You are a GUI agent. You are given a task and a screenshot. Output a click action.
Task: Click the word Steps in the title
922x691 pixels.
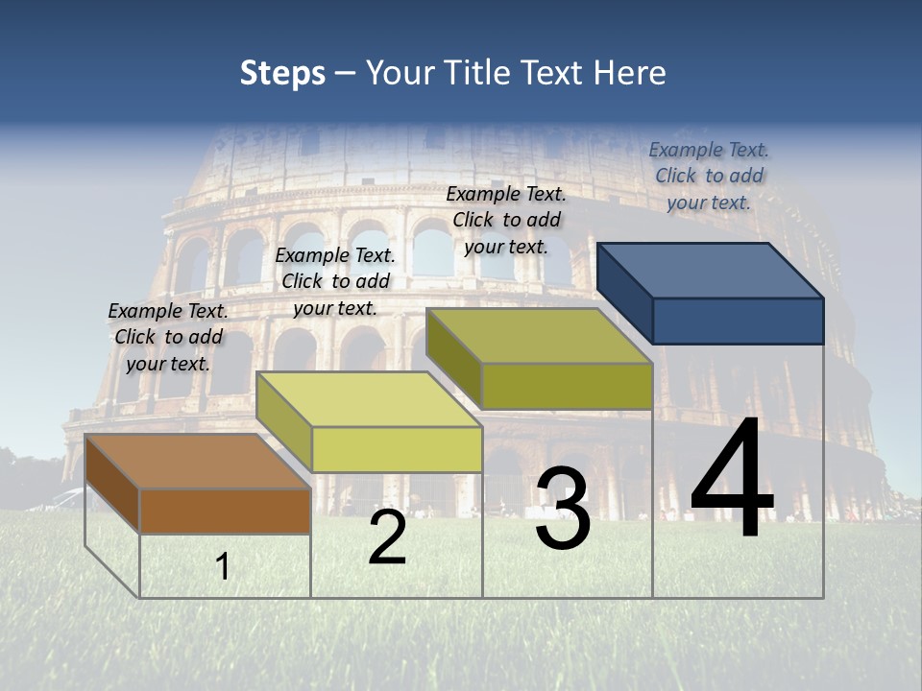(x=282, y=73)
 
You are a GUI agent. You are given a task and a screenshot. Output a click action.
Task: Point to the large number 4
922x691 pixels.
(x=732, y=480)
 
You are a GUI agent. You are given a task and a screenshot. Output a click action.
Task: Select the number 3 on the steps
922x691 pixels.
(x=563, y=509)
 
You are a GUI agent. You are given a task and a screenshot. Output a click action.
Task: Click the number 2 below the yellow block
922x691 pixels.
(x=387, y=537)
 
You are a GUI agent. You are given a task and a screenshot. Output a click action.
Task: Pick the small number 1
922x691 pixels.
(x=223, y=567)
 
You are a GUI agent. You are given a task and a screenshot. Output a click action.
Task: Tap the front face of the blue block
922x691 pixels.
(x=738, y=321)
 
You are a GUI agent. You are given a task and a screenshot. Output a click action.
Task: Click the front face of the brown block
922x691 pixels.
(x=225, y=511)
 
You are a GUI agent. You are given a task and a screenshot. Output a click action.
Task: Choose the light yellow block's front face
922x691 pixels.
(x=397, y=449)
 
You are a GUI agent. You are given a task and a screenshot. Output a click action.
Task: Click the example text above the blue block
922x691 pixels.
(x=709, y=176)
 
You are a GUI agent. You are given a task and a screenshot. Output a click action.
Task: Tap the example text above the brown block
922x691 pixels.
(x=168, y=337)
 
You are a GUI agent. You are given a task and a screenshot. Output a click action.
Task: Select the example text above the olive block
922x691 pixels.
(x=506, y=220)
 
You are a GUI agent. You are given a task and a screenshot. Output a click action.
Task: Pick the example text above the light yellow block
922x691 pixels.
(x=335, y=281)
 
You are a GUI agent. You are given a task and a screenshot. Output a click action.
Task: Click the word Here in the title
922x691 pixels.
(x=631, y=73)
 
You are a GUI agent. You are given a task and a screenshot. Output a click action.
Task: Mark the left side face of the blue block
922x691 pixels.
(x=624, y=292)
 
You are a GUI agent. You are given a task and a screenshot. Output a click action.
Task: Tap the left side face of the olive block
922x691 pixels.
(x=453, y=356)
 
